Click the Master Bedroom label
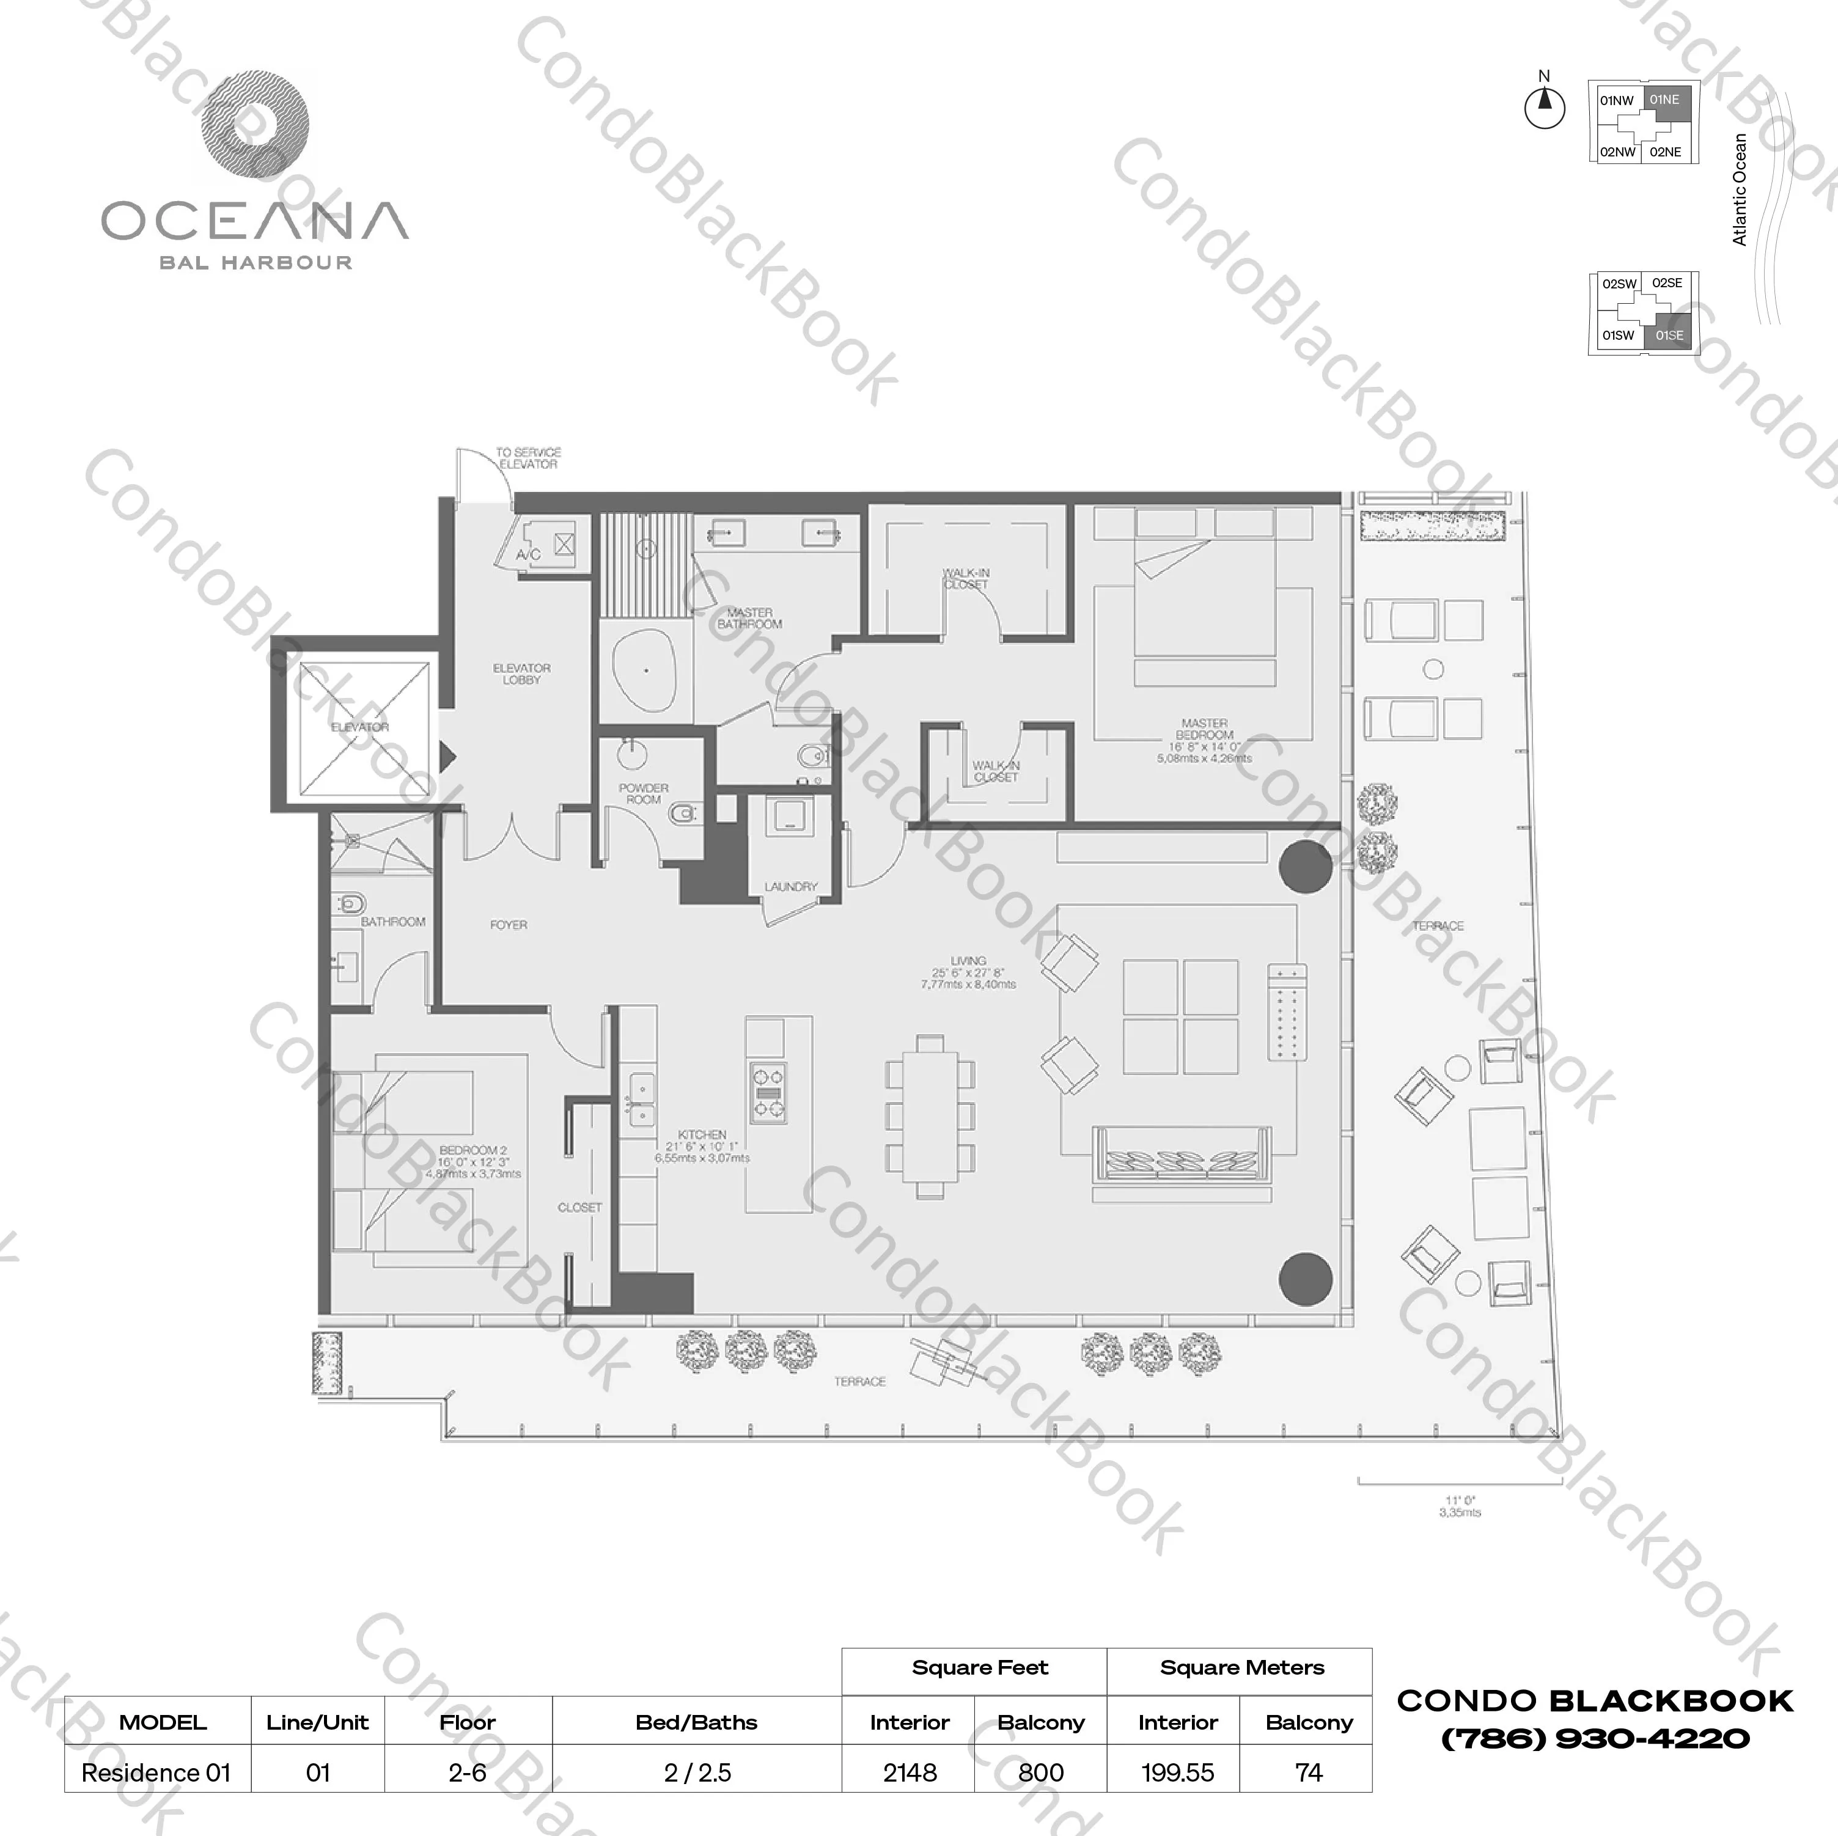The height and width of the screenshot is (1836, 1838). click(x=1204, y=729)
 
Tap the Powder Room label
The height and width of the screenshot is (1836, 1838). click(x=643, y=793)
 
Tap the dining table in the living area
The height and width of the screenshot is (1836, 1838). click(x=930, y=1115)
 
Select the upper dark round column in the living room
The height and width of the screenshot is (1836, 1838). click(x=1305, y=867)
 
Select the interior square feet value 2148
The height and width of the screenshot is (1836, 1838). click(x=910, y=1772)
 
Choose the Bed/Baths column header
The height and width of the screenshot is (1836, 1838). click(x=696, y=1722)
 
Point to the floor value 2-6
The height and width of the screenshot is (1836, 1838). click(x=467, y=1772)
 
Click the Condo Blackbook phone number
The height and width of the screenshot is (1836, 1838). click(x=1595, y=1739)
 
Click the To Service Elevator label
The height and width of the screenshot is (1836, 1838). click(x=528, y=458)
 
